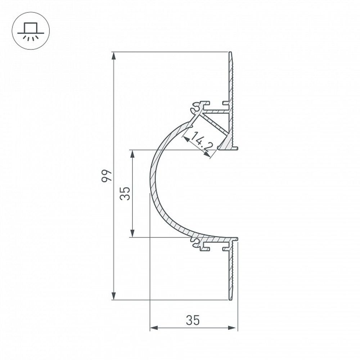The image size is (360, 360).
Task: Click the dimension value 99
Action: tap(107, 176)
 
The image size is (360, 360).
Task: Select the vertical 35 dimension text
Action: tap(125, 193)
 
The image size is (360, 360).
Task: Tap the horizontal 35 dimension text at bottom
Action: tap(193, 320)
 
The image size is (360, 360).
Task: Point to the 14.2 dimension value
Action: tap(202, 141)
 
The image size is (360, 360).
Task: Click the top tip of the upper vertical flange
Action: tap(230, 53)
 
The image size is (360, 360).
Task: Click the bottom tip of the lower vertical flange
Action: tap(230, 299)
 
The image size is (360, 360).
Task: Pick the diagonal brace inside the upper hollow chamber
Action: tap(215, 122)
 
